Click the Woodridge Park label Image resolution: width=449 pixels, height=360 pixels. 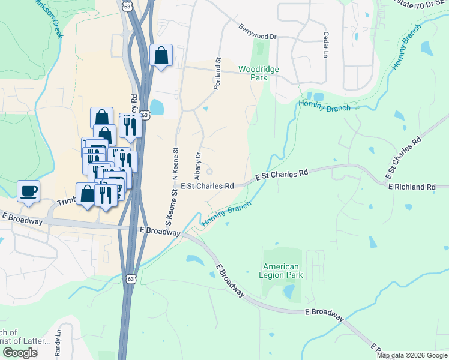point(259,74)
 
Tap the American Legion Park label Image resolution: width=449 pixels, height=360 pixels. point(282,271)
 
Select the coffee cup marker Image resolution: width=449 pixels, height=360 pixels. point(28,191)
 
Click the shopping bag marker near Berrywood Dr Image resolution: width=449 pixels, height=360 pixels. point(161,56)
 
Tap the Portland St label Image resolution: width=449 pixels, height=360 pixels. point(218,74)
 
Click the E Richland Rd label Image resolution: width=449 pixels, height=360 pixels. point(411,187)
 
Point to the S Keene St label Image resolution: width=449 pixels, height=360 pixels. point(169,205)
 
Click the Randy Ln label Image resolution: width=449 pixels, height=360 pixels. point(58,343)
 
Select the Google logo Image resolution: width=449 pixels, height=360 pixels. point(20,353)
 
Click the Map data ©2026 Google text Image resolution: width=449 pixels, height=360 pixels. point(412,355)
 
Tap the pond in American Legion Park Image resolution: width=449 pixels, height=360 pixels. point(289,292)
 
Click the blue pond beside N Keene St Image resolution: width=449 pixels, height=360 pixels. point(156,107)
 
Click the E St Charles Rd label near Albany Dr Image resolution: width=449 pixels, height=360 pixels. point(207,186)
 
